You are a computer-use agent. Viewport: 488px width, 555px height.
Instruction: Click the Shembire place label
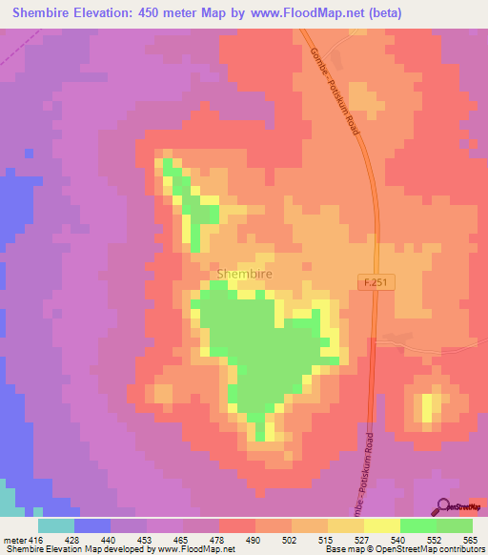[245, 274]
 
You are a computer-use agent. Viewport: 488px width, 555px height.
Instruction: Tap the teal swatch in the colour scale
[55, 525]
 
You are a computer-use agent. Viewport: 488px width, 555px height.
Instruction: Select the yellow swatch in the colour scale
[381, 525]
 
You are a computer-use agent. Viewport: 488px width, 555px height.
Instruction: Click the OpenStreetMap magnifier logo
[444, 507]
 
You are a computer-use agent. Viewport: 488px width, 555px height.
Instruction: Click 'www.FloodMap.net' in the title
[295, 13]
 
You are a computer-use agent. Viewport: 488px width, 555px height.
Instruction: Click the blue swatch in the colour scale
[91, 525]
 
